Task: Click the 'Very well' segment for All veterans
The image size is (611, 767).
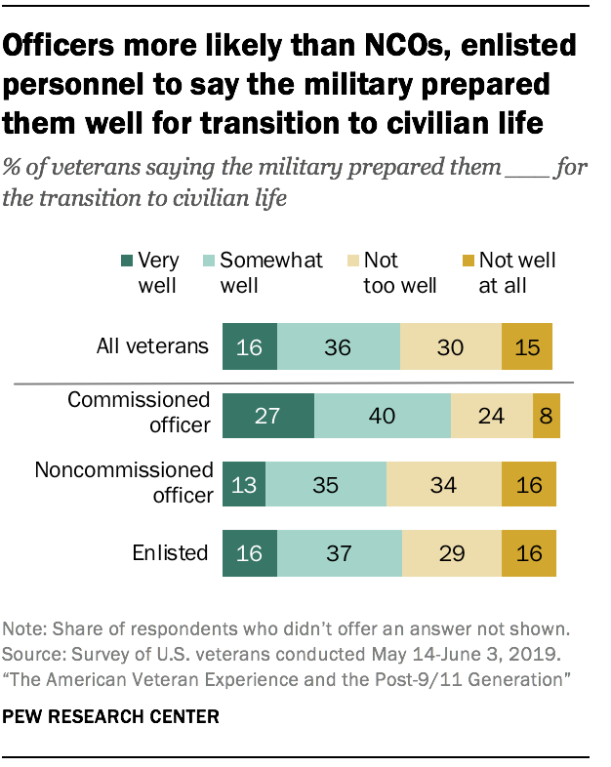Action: point(250,345)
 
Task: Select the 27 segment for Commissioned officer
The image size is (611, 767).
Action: point(268,415)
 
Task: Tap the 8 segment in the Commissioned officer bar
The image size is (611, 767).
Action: point(547,415)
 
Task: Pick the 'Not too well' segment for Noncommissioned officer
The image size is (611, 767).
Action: point(444,484)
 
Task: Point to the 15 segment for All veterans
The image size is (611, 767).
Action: point(527,345)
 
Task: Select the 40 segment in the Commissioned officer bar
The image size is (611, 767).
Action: point(383,415)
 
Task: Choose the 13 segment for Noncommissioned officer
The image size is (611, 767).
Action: point(244,484)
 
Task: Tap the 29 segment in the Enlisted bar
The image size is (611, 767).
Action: point(452,553)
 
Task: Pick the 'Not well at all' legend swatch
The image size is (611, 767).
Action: point(468,262)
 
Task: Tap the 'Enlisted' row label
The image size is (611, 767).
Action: point(171,553)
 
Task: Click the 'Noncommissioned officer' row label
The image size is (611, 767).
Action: point(124,482)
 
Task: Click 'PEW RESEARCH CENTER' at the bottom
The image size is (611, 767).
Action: point(110,716)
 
